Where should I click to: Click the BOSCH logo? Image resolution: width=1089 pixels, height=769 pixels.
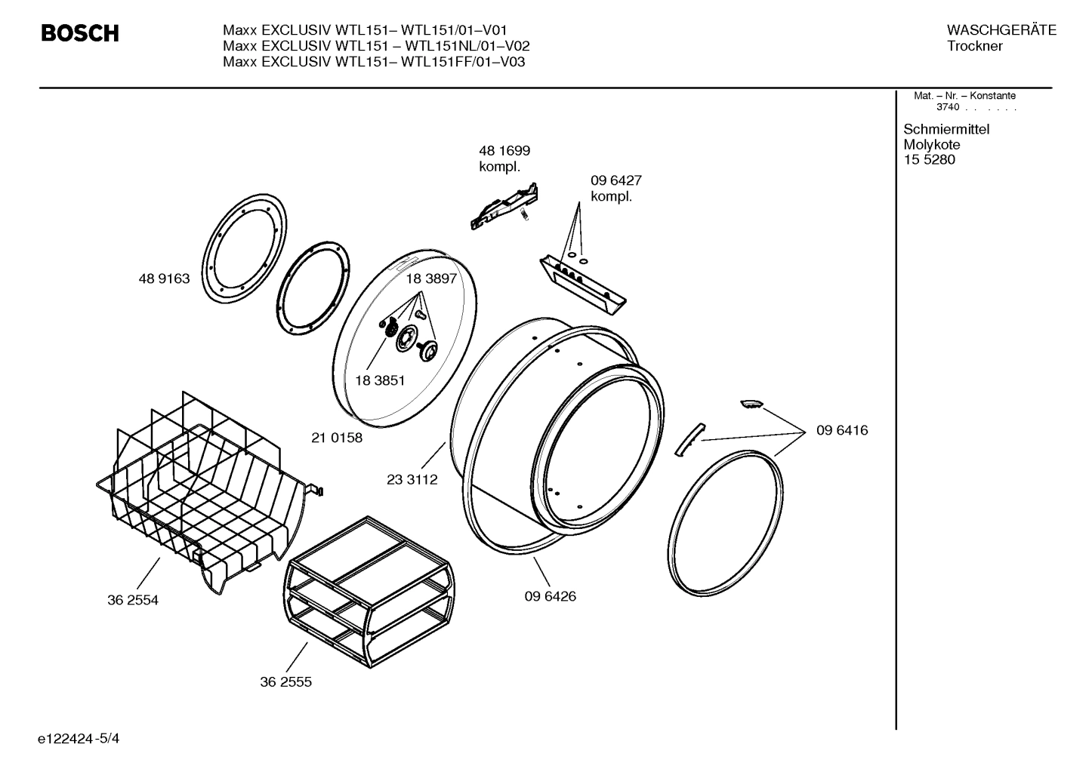79,34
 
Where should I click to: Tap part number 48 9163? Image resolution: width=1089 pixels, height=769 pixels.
164,278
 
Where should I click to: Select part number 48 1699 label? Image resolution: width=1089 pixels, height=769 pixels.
504,151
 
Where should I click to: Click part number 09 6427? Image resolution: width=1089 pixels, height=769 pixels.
615,181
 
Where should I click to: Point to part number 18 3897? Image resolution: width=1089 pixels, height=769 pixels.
431,278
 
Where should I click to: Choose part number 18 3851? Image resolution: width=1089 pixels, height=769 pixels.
379,380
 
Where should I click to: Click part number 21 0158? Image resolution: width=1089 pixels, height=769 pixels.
337,438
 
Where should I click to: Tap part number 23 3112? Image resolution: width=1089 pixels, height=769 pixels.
412,479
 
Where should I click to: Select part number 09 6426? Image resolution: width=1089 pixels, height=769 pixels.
550,596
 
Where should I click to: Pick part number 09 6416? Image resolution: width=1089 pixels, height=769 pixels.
841,430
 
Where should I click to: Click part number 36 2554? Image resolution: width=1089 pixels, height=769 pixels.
133,600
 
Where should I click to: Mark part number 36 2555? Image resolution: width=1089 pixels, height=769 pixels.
285,681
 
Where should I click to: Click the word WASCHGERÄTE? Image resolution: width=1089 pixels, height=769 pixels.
1001,30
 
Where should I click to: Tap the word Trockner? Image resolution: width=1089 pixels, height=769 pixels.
975,46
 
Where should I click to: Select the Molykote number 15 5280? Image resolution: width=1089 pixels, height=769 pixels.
929,160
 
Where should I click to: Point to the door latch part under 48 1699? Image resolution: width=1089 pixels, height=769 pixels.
504,205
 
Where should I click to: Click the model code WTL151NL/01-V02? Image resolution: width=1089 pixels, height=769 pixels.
465,46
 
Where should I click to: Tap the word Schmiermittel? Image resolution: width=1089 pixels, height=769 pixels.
946,129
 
